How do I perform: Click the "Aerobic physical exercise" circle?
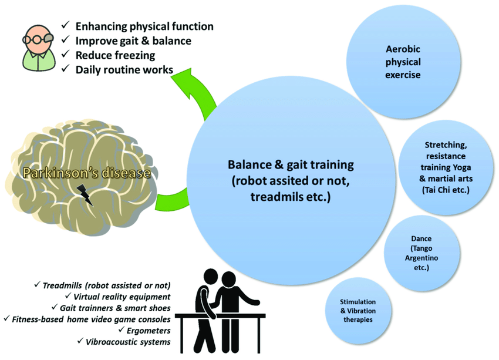403,62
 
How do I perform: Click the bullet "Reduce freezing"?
115,55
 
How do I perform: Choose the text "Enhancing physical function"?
144,26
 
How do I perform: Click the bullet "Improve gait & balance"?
133,41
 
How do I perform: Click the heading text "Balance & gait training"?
290,166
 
